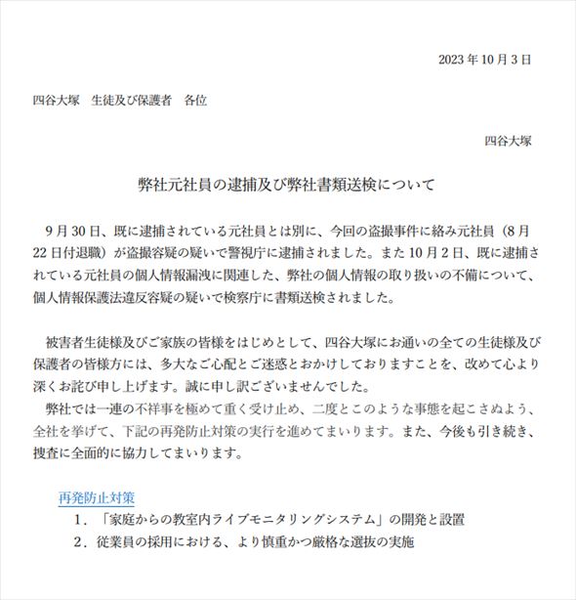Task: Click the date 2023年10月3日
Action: [x=484, y=60]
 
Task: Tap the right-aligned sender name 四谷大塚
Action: [x=508, y=140]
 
